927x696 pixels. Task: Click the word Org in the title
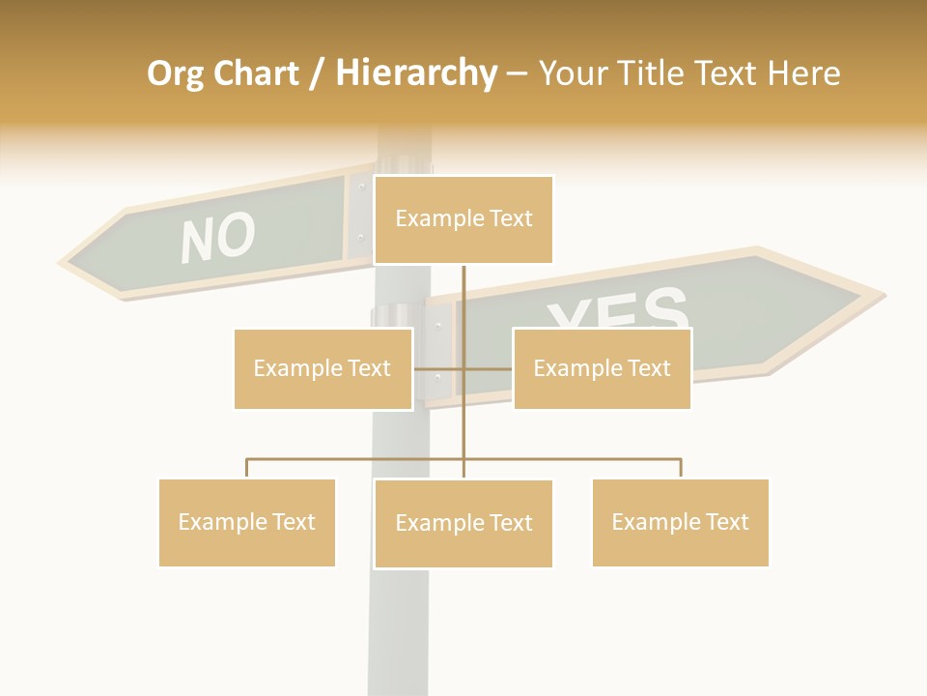click(176, 73)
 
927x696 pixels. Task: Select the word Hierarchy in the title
click(416, 73)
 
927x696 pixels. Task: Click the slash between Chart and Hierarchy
click(318, 74)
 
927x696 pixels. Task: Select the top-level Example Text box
click(463, 219)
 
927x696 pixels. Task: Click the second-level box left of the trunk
click(323, 368)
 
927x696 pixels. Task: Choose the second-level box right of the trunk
click(602, 368)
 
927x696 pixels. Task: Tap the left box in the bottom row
click(247, 522)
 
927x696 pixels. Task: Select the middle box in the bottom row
click(463, 523)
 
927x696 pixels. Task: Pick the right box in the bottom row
click(680, 522)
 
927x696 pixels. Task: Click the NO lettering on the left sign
click(218, 238)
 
